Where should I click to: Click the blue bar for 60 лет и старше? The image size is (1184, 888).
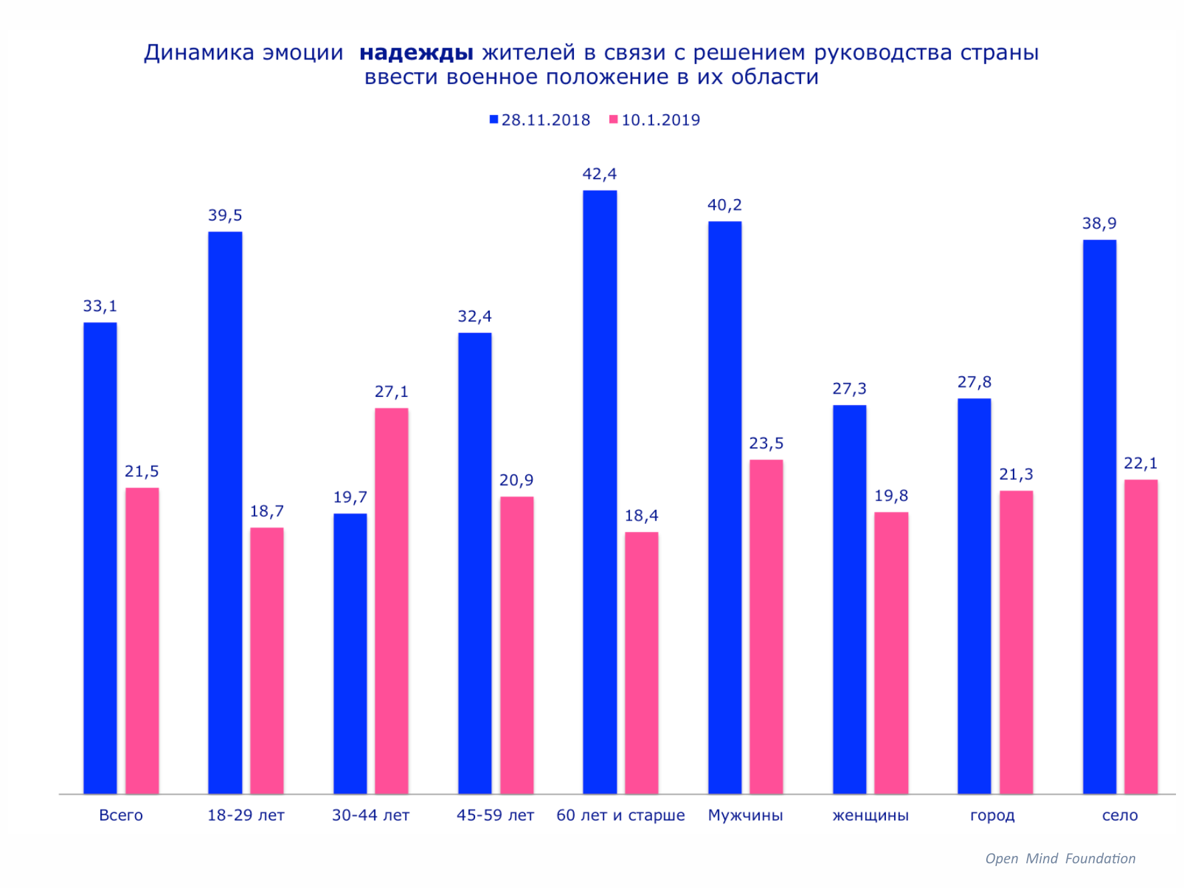tap(599, 492)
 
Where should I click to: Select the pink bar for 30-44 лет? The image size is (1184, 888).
tap(392, 601)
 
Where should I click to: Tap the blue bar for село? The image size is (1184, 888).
tap(1099, 516)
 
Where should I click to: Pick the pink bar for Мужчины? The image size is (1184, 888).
tap(766, 626)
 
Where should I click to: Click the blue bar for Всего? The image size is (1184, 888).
tap(100, 558)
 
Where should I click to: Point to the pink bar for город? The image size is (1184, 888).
tap(1016, 641)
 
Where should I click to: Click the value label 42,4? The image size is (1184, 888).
tap(599, 174)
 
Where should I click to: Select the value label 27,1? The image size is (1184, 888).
tap(392, 392)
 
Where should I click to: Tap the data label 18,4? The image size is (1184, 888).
tap(641, 516)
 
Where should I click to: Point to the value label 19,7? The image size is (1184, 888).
tap(350, 497)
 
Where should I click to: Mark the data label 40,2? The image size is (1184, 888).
tap(724, 205)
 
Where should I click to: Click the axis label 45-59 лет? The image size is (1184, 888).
tap(495, 815)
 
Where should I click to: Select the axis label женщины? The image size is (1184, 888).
tap(870, 815)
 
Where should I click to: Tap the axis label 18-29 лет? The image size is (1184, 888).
tap(246, 815)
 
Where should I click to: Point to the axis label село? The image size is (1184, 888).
tap(1120, 815)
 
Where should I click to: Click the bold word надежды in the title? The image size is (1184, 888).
tap(416, 52)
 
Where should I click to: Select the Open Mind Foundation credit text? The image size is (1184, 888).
tap(1060, 859)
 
